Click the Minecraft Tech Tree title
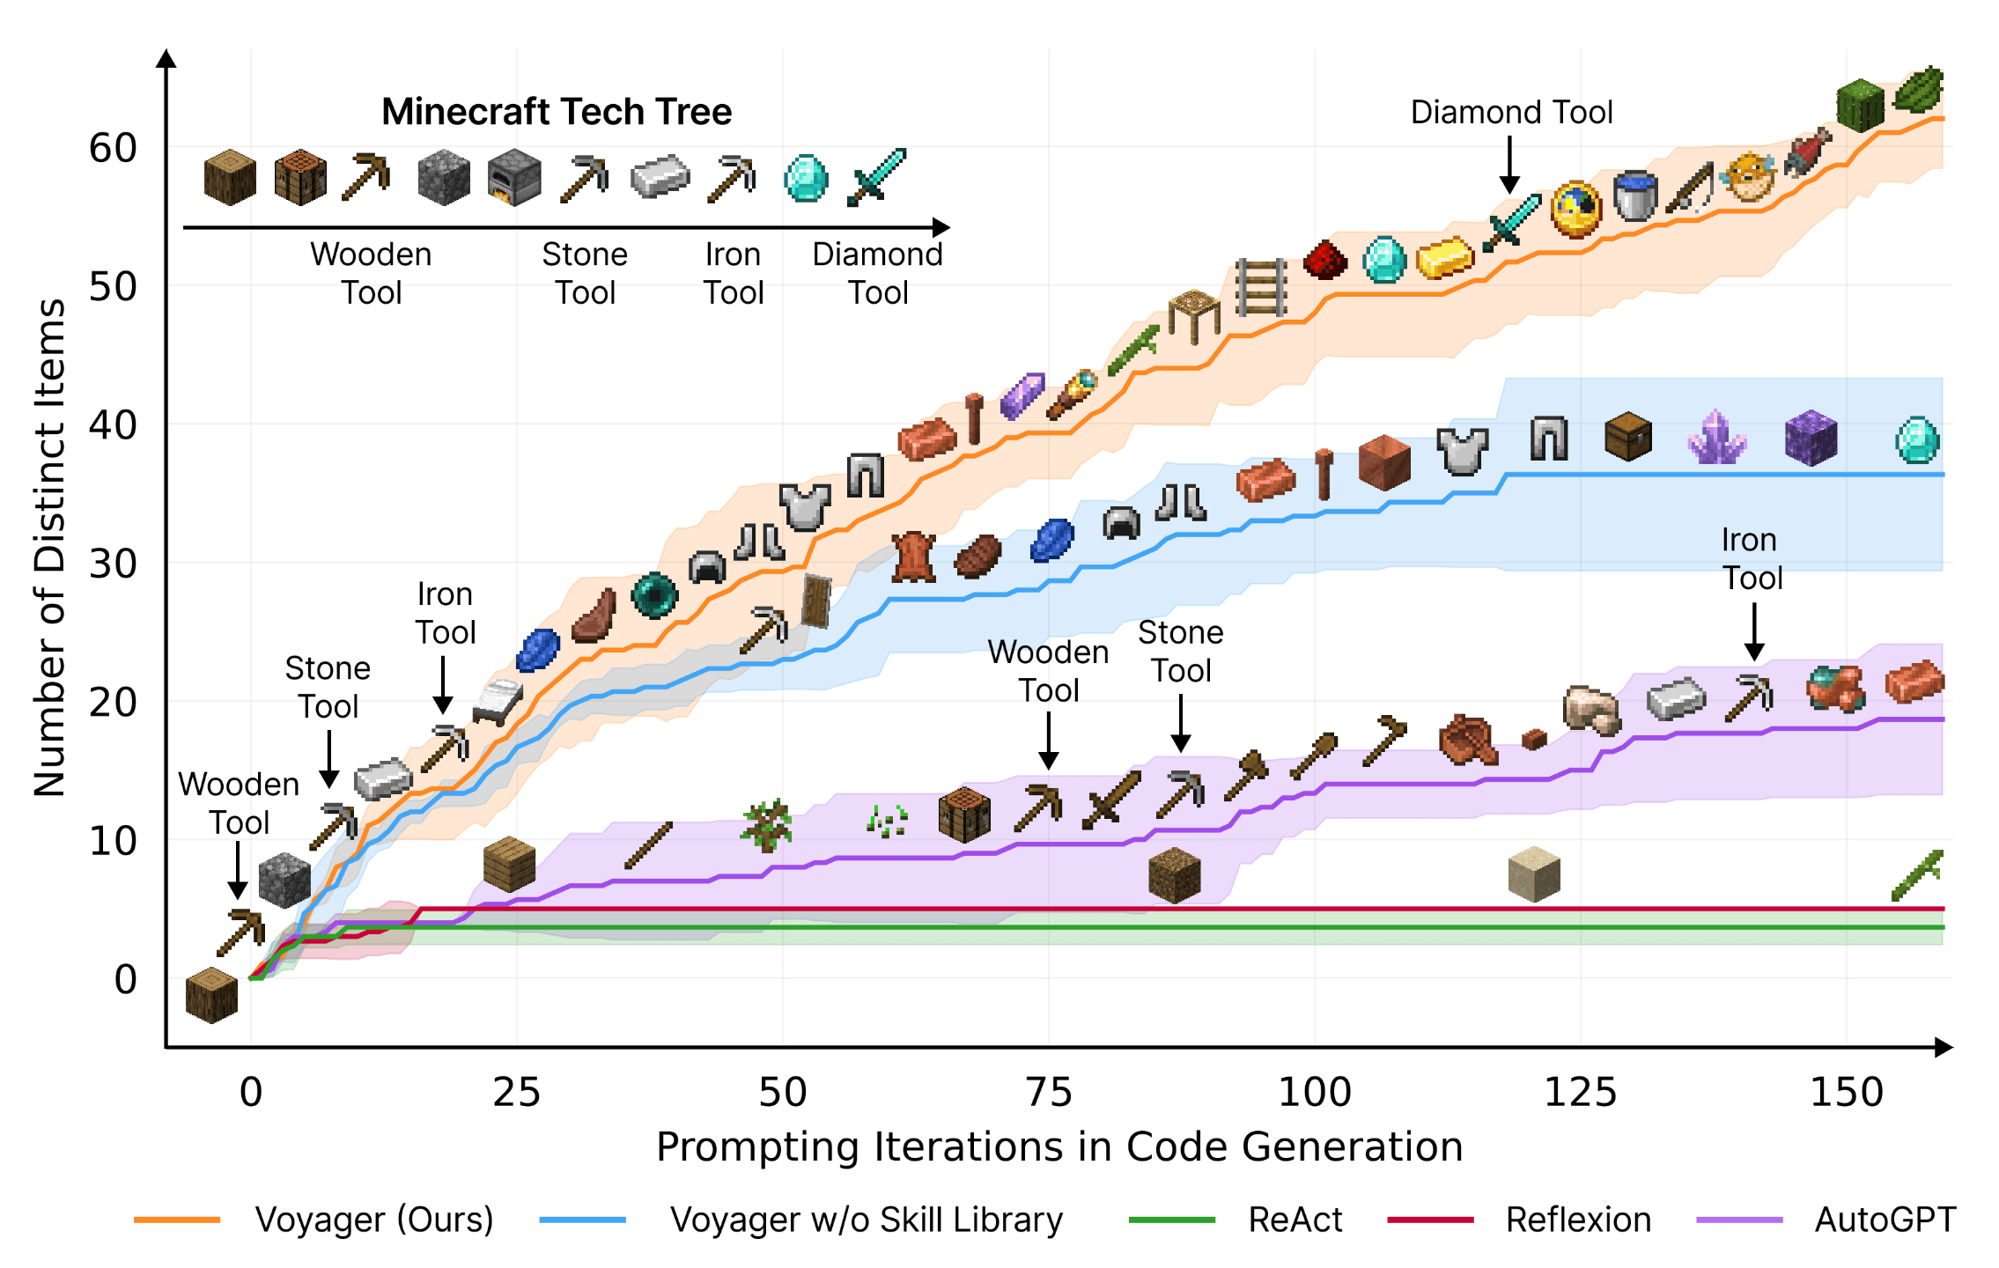(x=557, y=112)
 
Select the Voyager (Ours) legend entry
(x=373, y=1220)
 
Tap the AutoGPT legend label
(x=1885, y=1220)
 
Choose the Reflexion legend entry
(x=1578, y=1220)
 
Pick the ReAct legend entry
(x=1295, y=1220)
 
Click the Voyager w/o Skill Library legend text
(x=867, y=1220)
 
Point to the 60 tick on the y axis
(x=113, y=148)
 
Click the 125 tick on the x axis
(x=1581, y=1092)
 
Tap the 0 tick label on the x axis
(x=251, y=1092)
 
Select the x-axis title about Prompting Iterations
(x=1059, y=1146)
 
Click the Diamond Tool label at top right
(x=1511, y=113)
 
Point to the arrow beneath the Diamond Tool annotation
(x=1509, y=166)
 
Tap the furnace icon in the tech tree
(x=514, y=178)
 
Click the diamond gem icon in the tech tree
(x=806, y=179)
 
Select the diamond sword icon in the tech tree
(x=876, y=177)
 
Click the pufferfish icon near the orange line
(x=1749, y=177)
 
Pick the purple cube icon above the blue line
(x=1811, y=438)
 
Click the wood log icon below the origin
(x=212, y=995)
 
